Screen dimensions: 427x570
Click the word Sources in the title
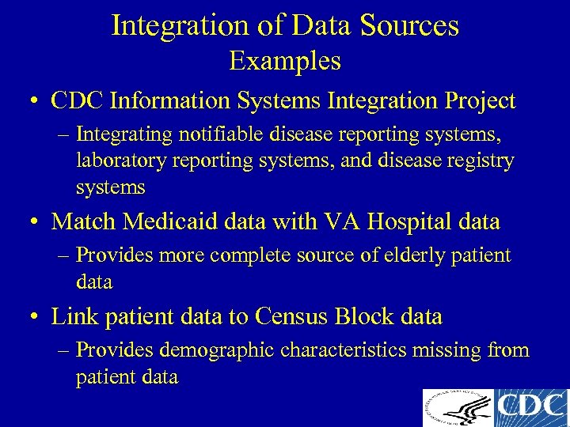tap(408, 25)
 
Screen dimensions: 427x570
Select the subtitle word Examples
tap(285, 61)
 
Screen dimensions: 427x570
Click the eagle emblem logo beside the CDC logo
tap(457, 408)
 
